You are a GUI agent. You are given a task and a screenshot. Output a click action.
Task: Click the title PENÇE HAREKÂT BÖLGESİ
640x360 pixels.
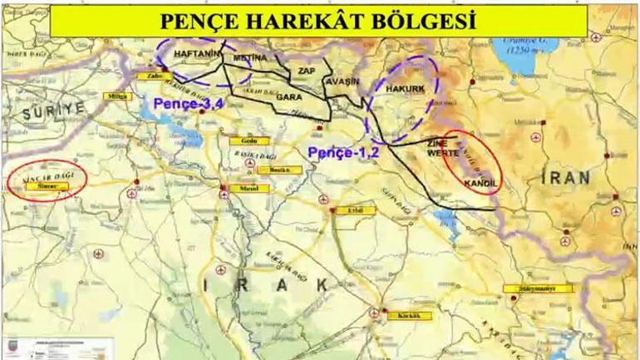tap(318, 20)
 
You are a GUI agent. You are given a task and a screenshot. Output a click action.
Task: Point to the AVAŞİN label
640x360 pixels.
tap(342, 81)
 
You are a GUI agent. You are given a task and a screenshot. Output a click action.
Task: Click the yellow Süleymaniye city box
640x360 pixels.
tap(538, 288)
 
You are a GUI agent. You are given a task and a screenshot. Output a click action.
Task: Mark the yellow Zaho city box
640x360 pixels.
tap(153, 76)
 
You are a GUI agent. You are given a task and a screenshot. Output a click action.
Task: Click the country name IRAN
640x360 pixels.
tap(566, 177)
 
